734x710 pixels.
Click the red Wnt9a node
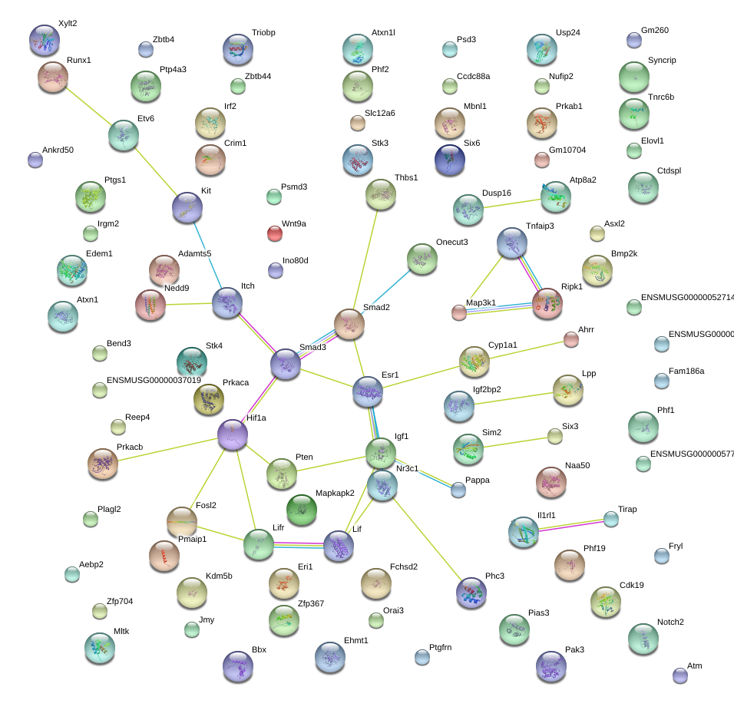(x=274, y=233)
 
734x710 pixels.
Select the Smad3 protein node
(x=286, y=364)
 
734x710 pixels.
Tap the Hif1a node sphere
(x=232, y=434)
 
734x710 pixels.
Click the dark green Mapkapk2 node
(x=302, y=509)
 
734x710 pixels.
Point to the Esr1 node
(x=368, y=391)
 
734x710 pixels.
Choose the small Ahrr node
(x=570, y=338)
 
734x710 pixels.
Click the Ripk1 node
(x=547, y=303)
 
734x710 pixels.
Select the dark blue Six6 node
(x=449, y=159)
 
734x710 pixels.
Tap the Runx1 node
(x=53, y=77)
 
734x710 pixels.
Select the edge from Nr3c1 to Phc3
(x=426, y=539)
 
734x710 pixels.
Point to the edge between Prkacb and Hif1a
(x=167, y=449)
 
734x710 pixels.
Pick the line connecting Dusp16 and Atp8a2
(x=512, y=203)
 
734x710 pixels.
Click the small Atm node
(x=679, y=675)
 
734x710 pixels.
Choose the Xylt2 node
(x=44, y=40)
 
